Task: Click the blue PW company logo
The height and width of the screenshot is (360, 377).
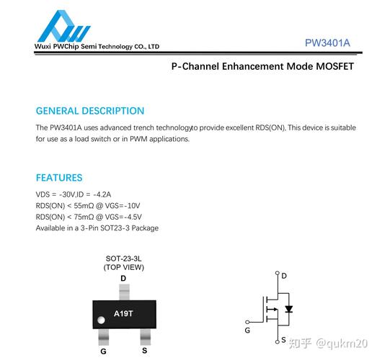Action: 64,26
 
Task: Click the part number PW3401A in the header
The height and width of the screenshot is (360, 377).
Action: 327,43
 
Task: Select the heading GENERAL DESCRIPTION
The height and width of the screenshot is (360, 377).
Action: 90,111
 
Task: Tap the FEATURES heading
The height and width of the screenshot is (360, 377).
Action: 59,178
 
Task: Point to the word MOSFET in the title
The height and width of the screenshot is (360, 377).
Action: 334,66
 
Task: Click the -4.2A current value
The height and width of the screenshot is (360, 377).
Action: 102,194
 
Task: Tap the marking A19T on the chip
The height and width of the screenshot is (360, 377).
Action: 123,314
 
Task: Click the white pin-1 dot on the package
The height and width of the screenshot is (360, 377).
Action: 101,320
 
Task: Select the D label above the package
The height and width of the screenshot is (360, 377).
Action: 123,279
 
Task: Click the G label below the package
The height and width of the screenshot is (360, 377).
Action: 103,351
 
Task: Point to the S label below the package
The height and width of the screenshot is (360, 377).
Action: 144,351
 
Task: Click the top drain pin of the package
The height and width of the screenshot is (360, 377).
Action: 124,292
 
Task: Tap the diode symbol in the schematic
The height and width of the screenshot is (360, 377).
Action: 288,309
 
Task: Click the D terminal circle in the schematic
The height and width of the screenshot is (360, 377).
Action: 278,273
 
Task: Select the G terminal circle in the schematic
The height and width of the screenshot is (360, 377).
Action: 247,322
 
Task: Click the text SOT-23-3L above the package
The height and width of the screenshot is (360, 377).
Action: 123,258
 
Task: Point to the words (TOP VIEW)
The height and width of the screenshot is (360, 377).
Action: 124,267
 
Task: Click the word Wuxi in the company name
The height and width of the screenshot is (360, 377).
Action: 43,46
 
